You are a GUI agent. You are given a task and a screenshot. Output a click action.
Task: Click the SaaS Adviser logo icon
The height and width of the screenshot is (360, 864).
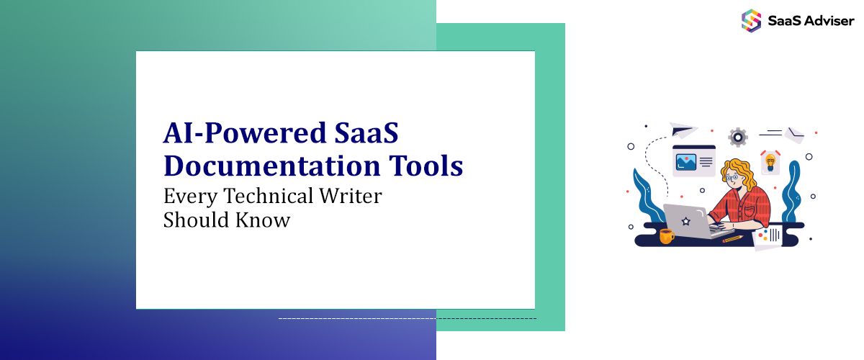point(751,19)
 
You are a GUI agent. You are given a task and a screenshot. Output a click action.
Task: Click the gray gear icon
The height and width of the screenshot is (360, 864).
point(737,137)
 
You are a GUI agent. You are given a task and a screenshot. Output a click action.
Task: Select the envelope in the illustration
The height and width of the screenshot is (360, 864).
point(795,135)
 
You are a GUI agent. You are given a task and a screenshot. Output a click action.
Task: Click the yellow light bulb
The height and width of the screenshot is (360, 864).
point(770,162)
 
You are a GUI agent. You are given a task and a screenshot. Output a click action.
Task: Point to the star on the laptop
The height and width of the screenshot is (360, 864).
point(686,220)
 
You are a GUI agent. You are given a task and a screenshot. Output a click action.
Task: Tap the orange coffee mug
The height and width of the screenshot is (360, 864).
point(667,235)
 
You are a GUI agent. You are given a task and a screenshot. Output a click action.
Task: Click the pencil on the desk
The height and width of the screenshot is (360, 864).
point(733,238)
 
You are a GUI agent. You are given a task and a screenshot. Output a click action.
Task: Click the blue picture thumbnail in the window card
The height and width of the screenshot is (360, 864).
point(685,162)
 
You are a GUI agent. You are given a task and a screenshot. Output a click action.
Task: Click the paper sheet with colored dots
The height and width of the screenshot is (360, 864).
point(768,237)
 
